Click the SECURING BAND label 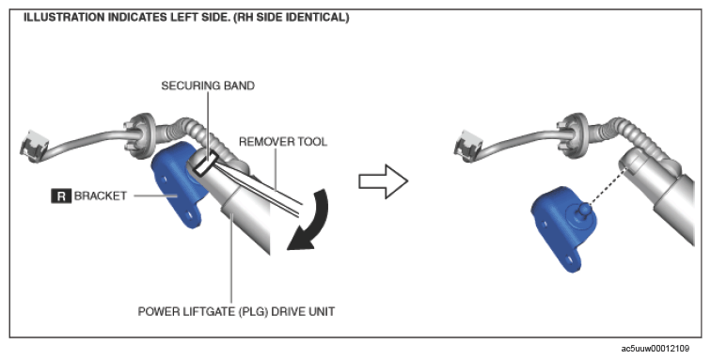208,86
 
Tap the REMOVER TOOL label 283,142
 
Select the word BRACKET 101,196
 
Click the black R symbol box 61,196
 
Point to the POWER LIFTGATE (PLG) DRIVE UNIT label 236,312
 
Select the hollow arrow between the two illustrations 383,181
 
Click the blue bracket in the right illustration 563,227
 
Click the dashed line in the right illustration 608,187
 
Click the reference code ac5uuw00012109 655,349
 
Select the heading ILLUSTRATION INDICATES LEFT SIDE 127,18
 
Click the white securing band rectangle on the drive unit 204,164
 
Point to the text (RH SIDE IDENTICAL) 292,18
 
